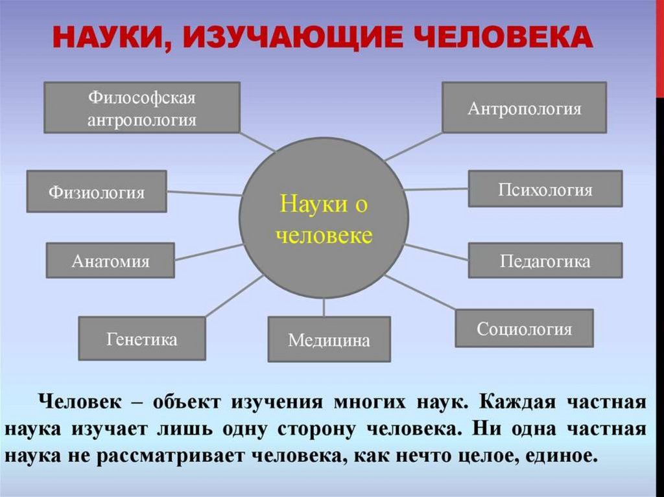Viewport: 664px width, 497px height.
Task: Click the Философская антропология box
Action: (142, 108)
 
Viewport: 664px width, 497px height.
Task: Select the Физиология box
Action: (97, 191)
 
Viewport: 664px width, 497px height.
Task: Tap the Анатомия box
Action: (110, 260)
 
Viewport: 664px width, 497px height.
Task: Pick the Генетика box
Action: (141, 338)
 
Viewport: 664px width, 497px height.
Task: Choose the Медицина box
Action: (329, 339)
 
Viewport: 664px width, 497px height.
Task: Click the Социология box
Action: (524, 329)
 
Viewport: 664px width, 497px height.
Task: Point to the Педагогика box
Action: (545, 260)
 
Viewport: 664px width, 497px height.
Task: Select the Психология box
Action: (545, 189)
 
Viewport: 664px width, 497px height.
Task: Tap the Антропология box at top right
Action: (524, 107)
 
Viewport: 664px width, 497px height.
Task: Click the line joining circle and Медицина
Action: (324, 308)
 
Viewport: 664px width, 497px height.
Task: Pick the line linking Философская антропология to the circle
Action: (257, 142)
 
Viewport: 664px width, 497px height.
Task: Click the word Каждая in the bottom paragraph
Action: (516, 402)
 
